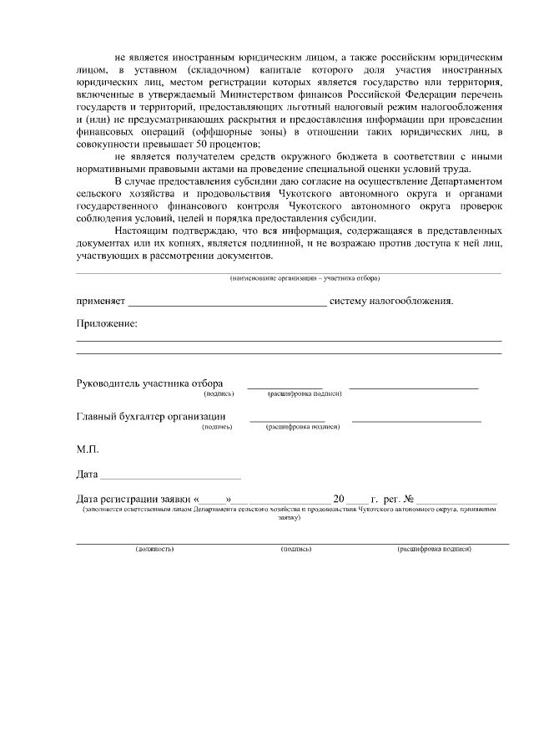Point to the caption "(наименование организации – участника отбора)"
pos(305,277)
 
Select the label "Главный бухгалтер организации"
pos(151,417)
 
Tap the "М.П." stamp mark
pos(88,449)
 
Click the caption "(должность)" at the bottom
pos(154,550)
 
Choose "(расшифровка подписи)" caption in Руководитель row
pos(305,393)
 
